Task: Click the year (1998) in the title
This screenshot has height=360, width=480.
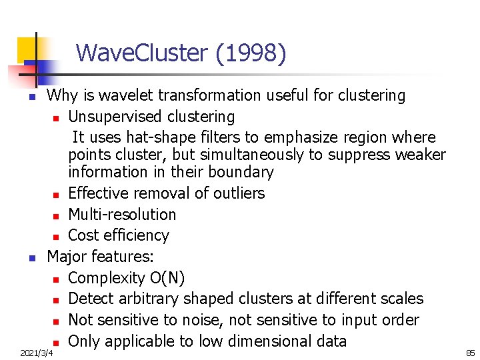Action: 251,53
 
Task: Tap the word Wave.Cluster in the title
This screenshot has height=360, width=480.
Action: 143,53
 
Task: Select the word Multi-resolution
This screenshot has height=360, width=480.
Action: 122,215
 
